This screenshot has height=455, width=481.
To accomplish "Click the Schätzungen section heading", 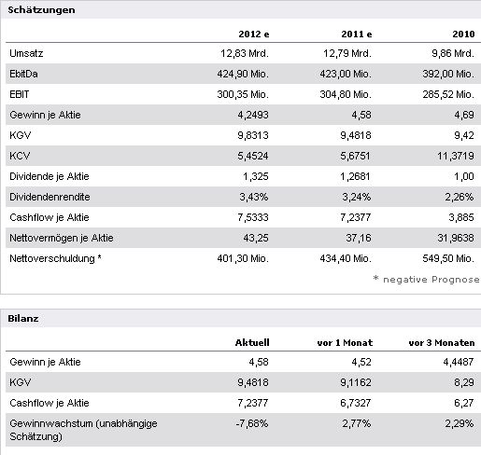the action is [x=41, y=10].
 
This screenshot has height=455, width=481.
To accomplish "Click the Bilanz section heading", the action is [x=23, y=318].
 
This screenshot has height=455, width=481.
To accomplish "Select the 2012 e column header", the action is [x=254, y=34].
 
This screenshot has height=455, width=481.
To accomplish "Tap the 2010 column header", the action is [x=463, y=34].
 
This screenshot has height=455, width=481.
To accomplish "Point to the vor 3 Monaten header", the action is [x=442, y=342].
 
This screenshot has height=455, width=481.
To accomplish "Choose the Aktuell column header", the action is [x=252, y=342].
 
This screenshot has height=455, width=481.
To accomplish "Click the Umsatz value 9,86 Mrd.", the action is [x=453, y=53].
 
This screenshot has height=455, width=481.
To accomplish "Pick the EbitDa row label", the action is [x=23, y=74].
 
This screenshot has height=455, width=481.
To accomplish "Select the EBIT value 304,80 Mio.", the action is [x=346, y=94].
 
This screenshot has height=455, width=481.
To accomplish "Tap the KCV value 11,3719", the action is [x=456, y=156].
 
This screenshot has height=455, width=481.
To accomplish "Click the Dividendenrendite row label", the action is [x=50, y=197].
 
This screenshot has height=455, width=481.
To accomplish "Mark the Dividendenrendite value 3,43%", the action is [x=254, y=197].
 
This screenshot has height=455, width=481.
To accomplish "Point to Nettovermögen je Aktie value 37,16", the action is [x=359, y=238].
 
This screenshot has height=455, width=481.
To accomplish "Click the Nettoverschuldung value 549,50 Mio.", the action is [x=448, y=258].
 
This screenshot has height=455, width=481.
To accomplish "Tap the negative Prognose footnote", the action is [x=427, y=280].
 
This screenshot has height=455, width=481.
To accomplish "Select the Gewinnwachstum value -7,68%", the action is [x=252, y=423].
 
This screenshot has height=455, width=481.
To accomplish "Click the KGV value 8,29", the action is [x=464, y=382].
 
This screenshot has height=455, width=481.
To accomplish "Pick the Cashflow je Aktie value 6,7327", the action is [x=356, y=403].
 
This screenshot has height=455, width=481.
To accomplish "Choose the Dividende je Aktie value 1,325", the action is [x=256, y=176].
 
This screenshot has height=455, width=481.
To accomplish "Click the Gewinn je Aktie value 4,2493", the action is [x=253, y=115].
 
